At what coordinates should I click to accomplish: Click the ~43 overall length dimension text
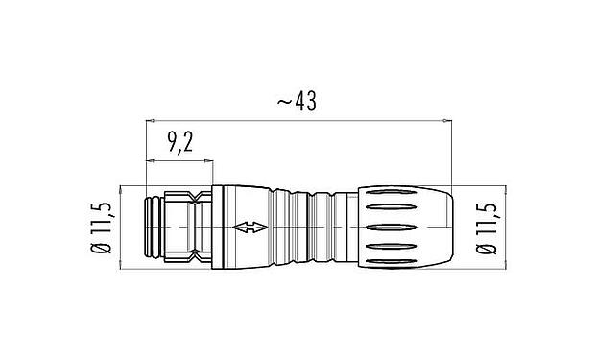(x=296, y=101)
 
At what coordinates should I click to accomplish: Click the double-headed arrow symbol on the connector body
(x=250, y=228)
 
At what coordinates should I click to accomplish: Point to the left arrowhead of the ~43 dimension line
(x=150, y=122)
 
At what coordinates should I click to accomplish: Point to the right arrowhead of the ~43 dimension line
(x=445, y=122)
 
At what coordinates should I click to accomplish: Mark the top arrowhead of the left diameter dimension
(x=122, y=188)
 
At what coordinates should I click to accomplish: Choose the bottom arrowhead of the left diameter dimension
(x=122, y=267)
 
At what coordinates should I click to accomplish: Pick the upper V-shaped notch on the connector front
(x=198, y=200)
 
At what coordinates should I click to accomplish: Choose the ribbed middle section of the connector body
(x=307, y=228)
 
